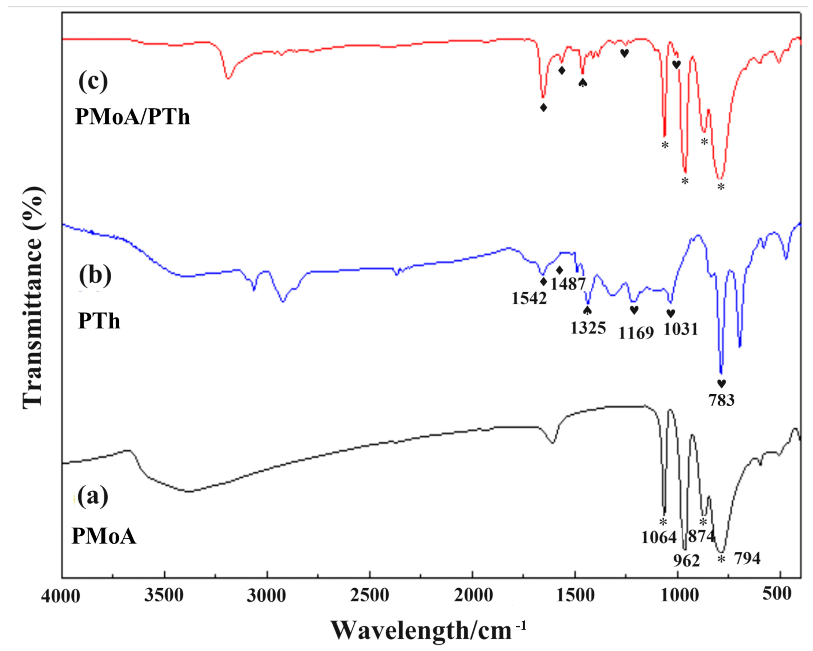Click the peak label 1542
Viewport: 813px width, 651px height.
(529, 298)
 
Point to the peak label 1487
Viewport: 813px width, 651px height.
(567, 284)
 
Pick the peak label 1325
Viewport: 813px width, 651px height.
(588, 328)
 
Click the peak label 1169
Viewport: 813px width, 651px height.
(636, 333)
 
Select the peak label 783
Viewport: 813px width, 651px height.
(721, 400)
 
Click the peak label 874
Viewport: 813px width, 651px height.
(701, 536)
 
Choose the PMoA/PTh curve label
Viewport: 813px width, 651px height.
(132, 117)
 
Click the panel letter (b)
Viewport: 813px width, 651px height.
(95, 275)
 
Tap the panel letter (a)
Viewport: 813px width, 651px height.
(93, 496)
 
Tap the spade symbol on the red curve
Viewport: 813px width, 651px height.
(582, 82)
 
